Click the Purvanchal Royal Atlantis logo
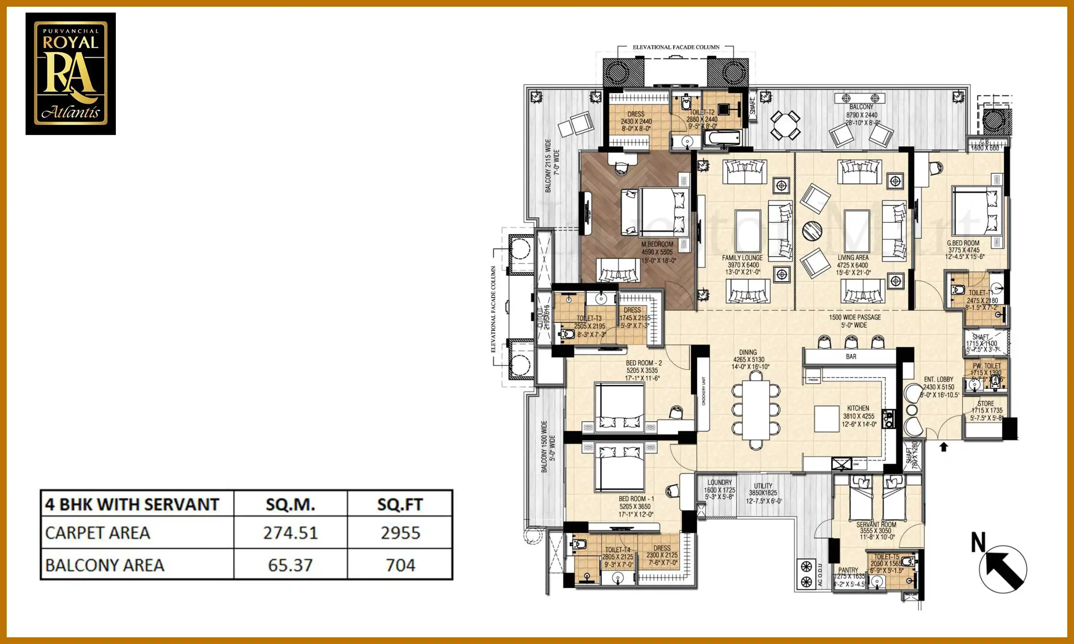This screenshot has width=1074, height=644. [x=71, y=74]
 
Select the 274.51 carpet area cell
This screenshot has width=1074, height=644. [x=290, y=533]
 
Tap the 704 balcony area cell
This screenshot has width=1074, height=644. [x=400, y=565]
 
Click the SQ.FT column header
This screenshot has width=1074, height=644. [x=400, y=504]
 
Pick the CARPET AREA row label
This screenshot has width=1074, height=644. [x=98, y=533]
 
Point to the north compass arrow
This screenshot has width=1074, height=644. [x=1003, y=569]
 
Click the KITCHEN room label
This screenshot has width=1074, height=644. [x=858, y=408]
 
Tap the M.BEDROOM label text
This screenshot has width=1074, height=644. [x=657, y=244]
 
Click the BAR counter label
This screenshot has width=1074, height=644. [x=851, y=356]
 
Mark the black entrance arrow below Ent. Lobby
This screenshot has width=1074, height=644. [x=944, y=447]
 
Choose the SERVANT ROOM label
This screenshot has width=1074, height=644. [x=876, y=525]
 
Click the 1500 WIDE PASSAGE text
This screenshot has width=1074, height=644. [x=855, y=317]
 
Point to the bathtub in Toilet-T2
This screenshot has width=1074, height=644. [x=722, y=138]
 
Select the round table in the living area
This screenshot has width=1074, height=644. [x=812, y=231]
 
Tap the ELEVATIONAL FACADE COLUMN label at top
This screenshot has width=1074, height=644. [x=676, y=47]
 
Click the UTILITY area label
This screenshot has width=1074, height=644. [x=763, y=486]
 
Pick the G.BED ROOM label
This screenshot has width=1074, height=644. [x=963, y=243]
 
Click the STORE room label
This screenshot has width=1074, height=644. [x=986, y=403]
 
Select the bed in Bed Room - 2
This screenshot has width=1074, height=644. [x=619, y=407]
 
